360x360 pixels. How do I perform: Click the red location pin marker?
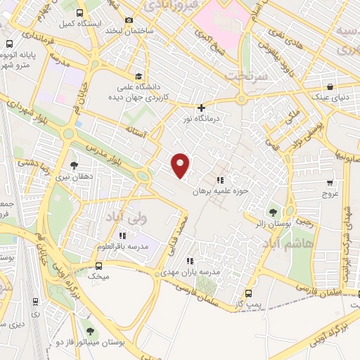[181, 165]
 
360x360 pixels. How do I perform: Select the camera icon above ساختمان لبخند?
[128, 20]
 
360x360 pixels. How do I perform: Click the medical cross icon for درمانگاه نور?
[202, 108]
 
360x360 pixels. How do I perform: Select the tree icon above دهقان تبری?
[74, 166]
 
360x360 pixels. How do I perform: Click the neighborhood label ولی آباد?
[122, 219]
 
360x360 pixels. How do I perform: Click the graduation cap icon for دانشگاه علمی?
[139, 76]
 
